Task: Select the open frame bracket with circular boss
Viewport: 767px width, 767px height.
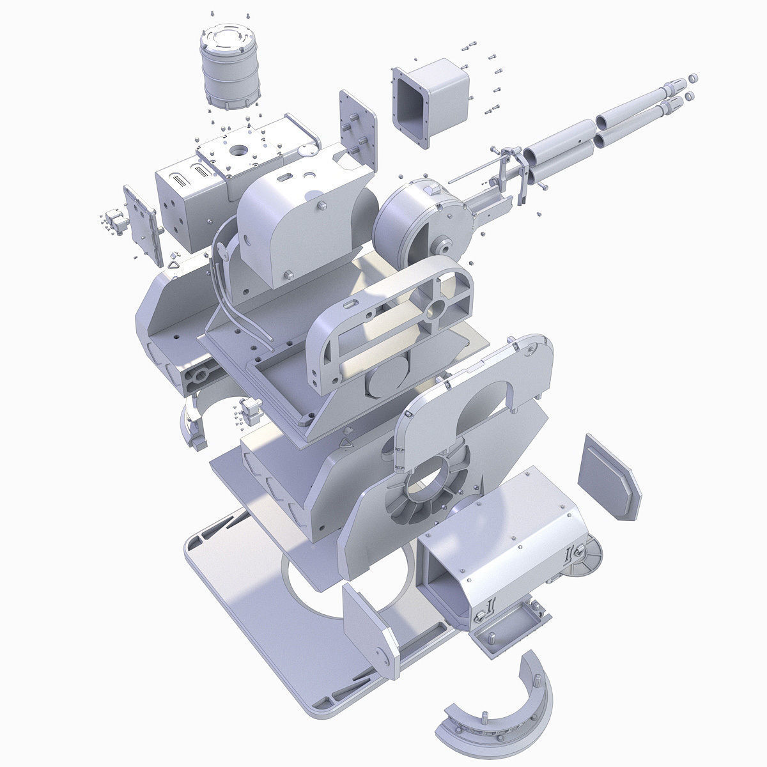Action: click(x=390, y=326)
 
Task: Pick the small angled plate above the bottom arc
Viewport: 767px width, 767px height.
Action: click(x=371, y=630)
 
